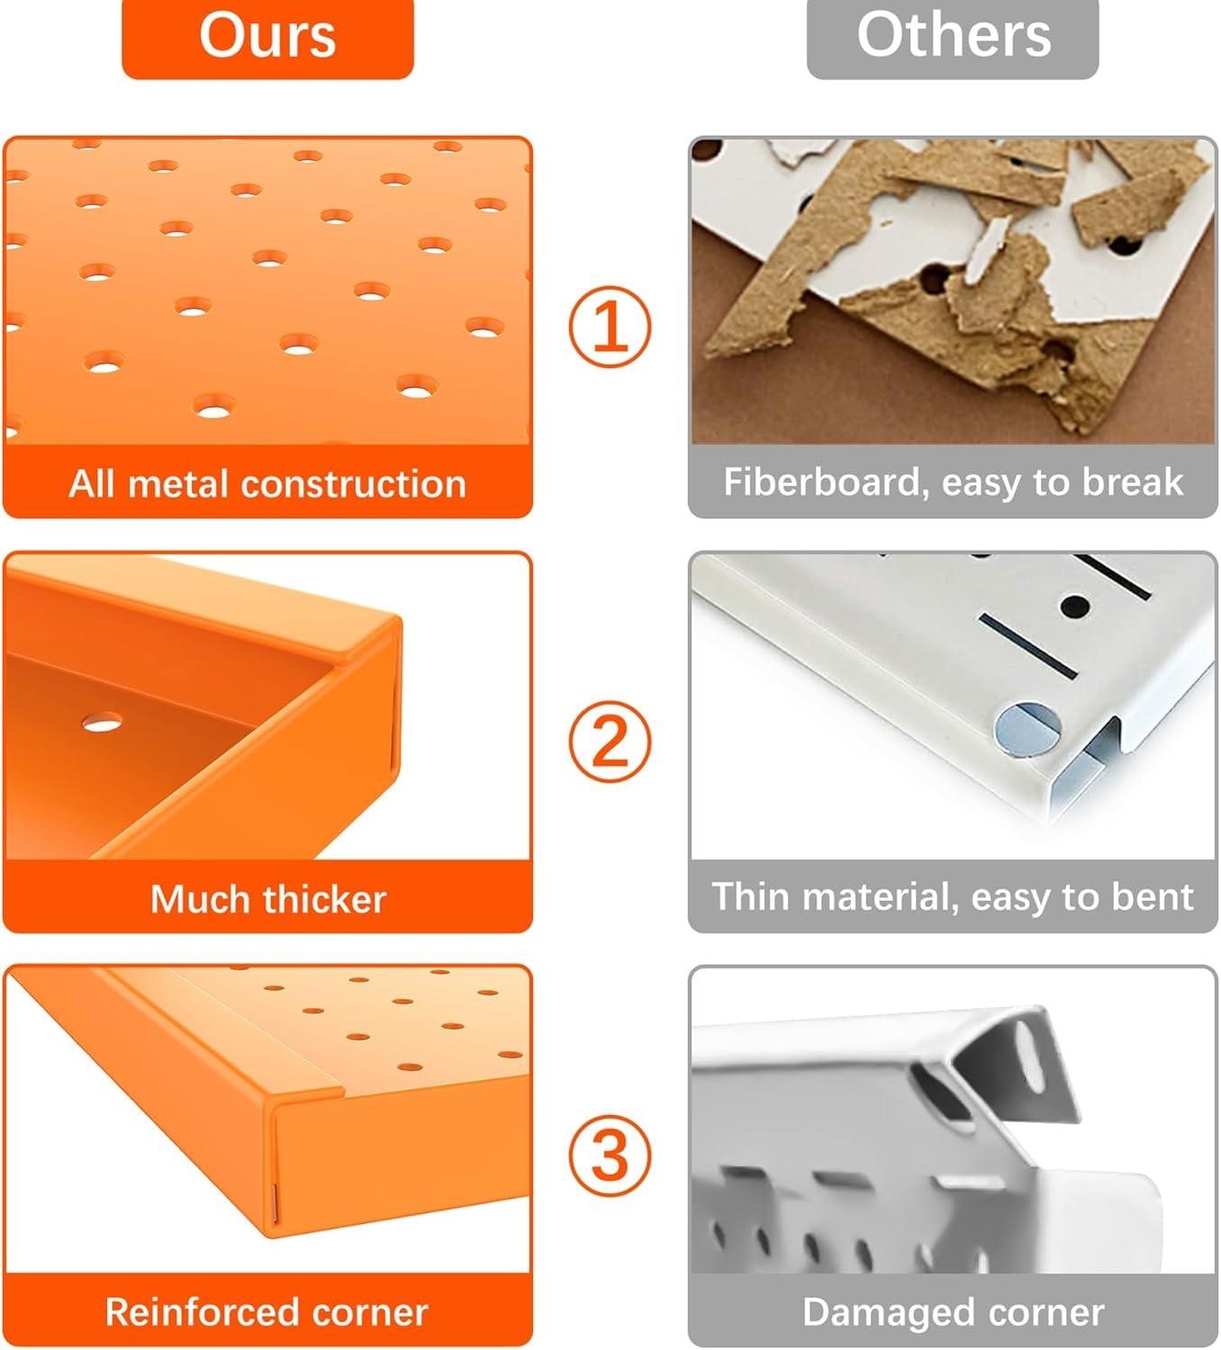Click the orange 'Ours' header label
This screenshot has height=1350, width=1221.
pyautogui.click(x=267, y=39)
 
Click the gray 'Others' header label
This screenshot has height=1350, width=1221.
pyautogui.click(x=953, y=39)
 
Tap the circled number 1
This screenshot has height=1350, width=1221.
pyautogui.click(x=610, y=327)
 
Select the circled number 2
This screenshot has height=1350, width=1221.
pyautogui.click(x=610, y=742)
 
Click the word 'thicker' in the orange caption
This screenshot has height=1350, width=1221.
pyautogui.click(x=325, y=898)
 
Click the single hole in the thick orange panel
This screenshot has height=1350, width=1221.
pyautogui.click(x=103, y=724)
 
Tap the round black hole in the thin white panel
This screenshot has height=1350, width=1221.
pyautogui.click(x=1075, y=606)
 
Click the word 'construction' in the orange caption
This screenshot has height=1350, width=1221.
pyautogui.click(x=354, y=484)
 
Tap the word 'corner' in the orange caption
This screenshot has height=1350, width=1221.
pyautogui.click(x=370, y=1312)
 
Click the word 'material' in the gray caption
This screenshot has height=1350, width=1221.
pyautogui.click(x=878, y=898)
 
